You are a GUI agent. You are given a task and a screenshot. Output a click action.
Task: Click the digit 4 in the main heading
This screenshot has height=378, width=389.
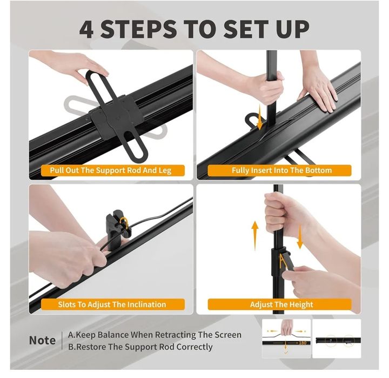pos(86,29)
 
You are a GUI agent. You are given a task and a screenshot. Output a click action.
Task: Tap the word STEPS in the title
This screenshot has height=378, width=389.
pos(138,29)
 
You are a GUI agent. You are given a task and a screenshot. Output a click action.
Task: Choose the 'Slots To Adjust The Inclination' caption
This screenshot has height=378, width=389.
pos(112,304)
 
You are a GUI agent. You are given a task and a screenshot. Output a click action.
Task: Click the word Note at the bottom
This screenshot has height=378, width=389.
pos(42,340)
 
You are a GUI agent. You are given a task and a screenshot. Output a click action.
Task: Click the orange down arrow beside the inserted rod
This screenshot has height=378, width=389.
pos(260,117)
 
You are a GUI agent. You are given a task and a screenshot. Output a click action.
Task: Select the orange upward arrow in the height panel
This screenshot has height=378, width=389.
pos(255,236)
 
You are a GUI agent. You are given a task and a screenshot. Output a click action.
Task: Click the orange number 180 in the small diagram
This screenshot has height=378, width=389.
pos(303,343)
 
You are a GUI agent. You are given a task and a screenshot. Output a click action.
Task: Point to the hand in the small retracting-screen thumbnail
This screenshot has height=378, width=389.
pos(287,327)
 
